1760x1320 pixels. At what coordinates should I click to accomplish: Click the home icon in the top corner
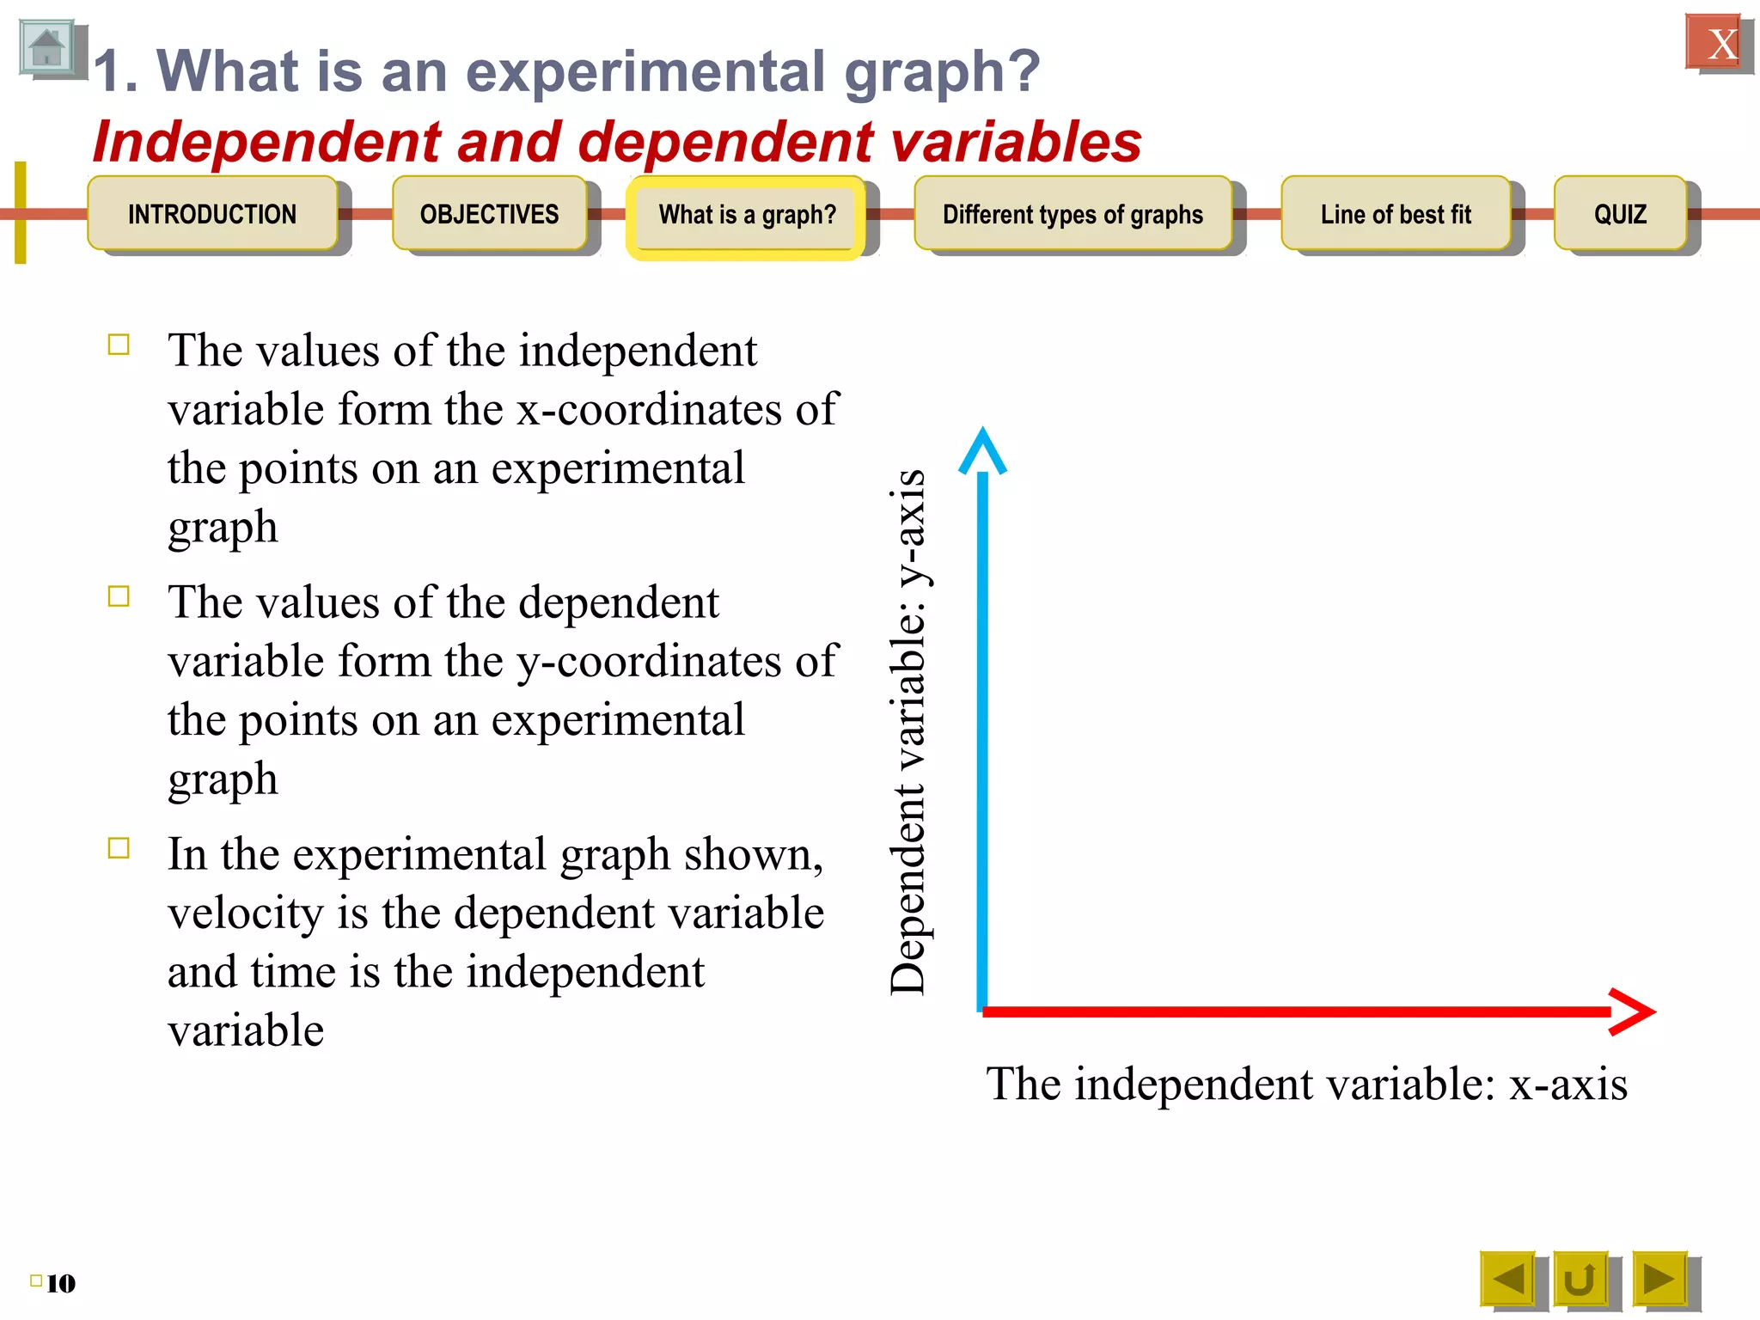tap(46, 48)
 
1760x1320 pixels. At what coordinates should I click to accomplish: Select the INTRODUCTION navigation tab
tap(211, 214)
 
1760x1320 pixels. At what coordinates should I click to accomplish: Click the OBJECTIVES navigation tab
tap(489, 214)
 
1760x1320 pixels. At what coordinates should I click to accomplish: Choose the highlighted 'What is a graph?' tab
tap(746, 215)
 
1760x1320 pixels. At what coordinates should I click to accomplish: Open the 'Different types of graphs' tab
tap(1072, 214)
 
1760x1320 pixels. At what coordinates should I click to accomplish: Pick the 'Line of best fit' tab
tap(1395, 214)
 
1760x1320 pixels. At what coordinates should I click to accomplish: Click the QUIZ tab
tap(1620, 214)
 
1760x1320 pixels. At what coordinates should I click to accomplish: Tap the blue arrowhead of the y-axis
tap(982, 449)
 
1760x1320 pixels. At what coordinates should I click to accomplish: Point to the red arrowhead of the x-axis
tap(1633, 1011)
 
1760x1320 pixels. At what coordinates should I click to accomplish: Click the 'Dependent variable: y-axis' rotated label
tap(908, 732)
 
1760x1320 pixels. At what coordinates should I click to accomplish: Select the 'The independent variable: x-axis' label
tap(1306, 1083)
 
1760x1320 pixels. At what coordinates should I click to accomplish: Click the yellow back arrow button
tap(1507, 1279)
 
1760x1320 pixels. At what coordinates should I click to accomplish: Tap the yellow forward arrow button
tap(1659, 1279)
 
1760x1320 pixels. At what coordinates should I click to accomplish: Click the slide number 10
tap(60, 1283)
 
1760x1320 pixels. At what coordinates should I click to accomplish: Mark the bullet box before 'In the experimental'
tap(119, 848)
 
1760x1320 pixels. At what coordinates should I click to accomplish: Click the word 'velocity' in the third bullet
tap(245, 913)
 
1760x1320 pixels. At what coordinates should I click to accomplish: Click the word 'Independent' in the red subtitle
tap(267, 142)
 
